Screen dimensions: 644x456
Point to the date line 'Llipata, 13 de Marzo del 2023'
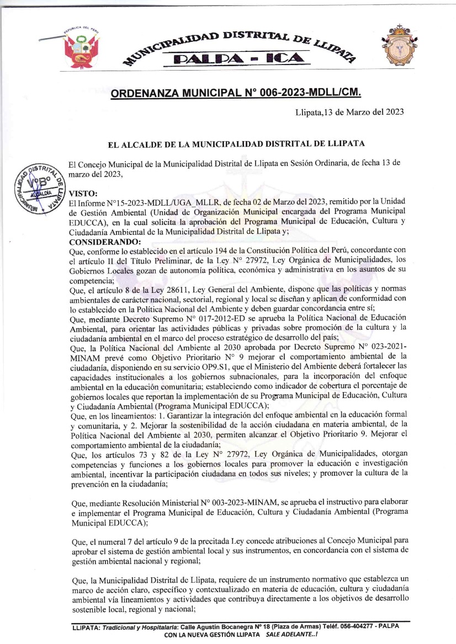click(x=349, y=113)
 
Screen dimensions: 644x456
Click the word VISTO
click(x=82, y=194)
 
